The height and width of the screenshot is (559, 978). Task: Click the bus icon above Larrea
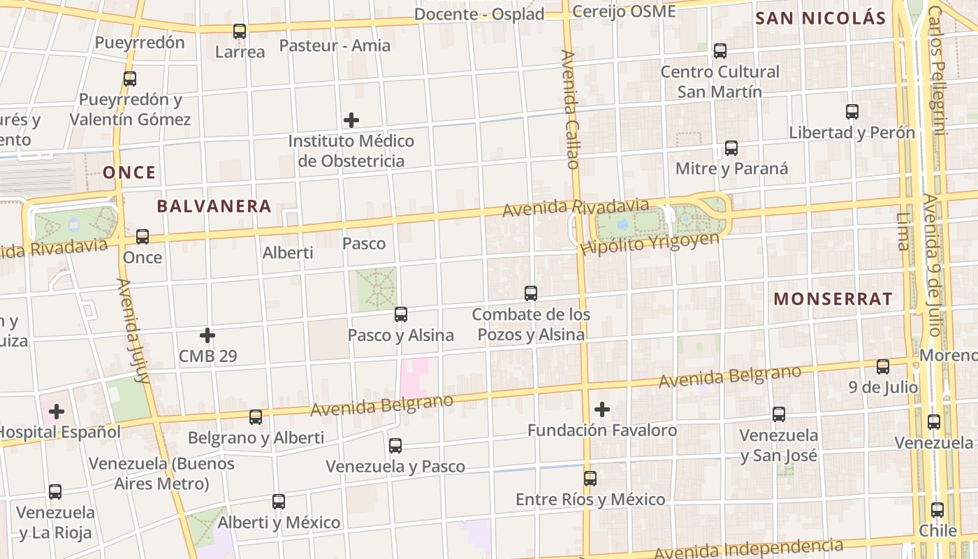click(240, 31)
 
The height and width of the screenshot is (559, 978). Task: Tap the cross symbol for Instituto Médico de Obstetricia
click(351, 120)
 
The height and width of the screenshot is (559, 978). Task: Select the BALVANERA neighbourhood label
click(214, 206)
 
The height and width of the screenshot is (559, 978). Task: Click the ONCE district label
click(129, 173)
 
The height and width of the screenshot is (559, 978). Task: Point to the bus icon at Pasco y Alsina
click(401, 314)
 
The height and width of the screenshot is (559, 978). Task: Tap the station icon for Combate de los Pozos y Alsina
click(531, 293)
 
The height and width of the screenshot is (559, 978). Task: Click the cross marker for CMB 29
click(207, 335)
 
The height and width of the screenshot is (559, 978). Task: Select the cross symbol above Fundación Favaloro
click(602, 409)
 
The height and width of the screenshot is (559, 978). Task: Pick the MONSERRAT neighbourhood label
click(833, 299)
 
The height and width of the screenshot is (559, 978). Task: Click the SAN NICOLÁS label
click(821, 19)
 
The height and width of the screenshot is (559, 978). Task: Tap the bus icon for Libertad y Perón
click(852, 112)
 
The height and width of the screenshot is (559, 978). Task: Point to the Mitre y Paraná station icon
click(731, 148)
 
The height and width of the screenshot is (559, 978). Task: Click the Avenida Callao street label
click(570, 108)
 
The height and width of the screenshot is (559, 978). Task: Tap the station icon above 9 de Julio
click(883, 367)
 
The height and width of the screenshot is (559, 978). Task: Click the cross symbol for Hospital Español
click(57, 412)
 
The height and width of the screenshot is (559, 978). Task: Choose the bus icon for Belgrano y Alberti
click(256, 417)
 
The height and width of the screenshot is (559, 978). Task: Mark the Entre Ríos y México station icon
click(590, 479)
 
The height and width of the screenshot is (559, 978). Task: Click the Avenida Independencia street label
click(747, 549)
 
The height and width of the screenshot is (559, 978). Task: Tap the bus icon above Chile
click(937, 510)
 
